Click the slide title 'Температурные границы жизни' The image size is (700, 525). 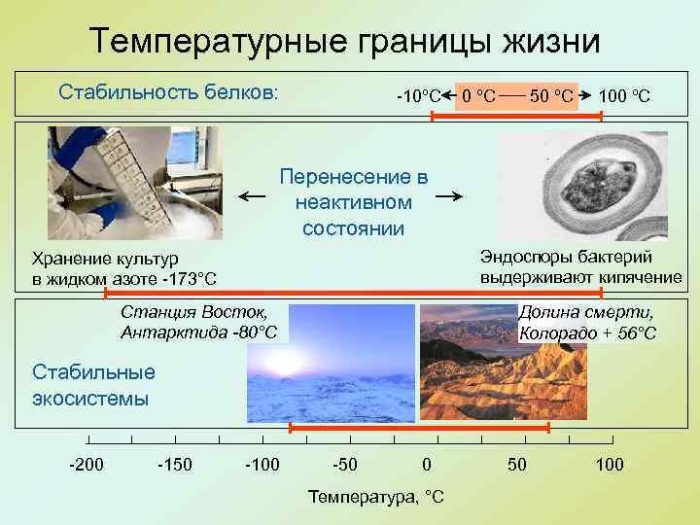coord(344,41)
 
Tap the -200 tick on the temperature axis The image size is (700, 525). coord(86,465)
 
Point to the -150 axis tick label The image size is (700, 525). coord(174,465)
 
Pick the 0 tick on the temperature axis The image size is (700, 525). coord(426,465)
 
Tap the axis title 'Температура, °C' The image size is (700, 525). coord(375,497)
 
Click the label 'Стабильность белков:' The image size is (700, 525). coord(168,92)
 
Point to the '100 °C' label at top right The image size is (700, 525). coord(624,96)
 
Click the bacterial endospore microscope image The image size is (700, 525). coord(580,186)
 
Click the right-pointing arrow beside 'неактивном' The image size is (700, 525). coord(448,197)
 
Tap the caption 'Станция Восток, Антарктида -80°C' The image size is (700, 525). coord(198,323)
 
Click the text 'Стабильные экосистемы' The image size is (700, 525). coord(94,385)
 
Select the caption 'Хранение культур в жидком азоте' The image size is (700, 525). coord(124,269)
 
